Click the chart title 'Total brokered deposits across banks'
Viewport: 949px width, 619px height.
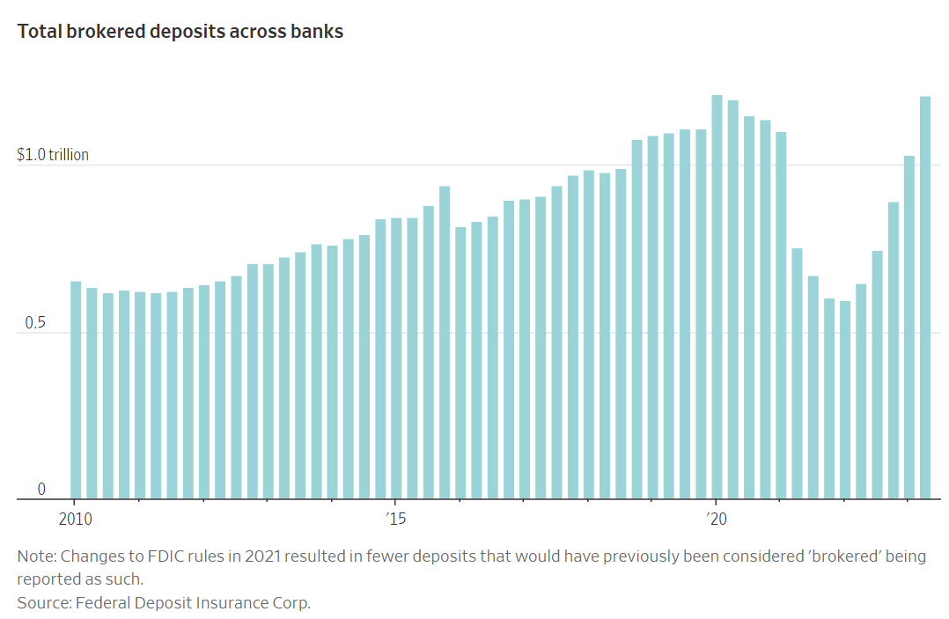180,32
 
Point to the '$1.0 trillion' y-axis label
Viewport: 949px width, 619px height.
53,155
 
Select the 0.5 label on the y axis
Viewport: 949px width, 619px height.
27,323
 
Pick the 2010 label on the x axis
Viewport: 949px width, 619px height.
76,519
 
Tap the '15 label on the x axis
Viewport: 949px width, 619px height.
395,519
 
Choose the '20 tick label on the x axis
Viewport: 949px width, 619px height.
717,519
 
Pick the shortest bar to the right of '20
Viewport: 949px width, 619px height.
845,400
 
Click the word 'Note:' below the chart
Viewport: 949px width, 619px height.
35,557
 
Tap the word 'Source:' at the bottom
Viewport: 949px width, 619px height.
44,603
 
